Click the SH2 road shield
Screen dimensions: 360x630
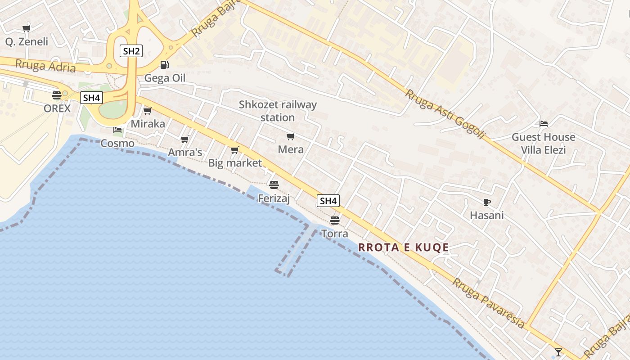(131, 51)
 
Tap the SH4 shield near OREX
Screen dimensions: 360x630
(91, 98)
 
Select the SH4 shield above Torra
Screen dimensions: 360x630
(328, 201)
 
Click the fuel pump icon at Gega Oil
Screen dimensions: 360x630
(165, 65)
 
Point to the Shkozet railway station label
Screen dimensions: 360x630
(278, 111)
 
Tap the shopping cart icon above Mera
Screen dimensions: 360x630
(291, 136)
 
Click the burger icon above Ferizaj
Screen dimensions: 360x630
(274, 185)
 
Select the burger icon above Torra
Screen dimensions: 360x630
(334, 220)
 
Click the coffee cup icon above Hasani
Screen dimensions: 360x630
(486, 202)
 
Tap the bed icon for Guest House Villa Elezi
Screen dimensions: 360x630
(544, 124)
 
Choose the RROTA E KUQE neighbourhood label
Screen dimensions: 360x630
(404, 247)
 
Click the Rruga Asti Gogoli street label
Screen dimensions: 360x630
(445, 114)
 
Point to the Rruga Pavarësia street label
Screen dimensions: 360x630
(488, 303)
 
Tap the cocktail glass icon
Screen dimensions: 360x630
(558, 352)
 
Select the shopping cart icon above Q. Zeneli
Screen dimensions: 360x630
(26, 29)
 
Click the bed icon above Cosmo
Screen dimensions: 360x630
(117, 130)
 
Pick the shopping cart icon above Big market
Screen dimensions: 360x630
(234, 150)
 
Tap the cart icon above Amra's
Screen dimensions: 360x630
(184, 139)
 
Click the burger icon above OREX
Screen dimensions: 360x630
(57, 95)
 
